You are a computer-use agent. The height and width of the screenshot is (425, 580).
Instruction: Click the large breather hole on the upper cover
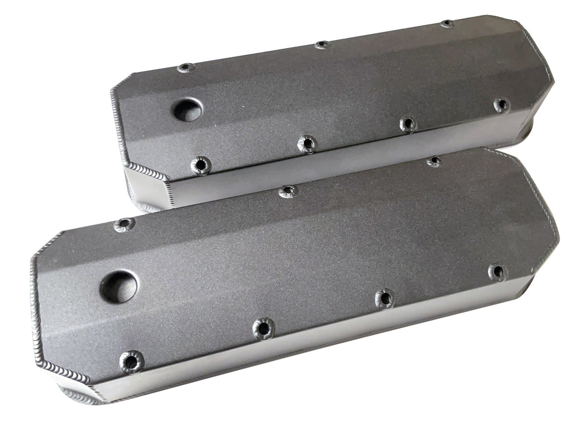click(x=187, y=111)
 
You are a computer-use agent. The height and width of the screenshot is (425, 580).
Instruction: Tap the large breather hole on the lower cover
click(x=118, y=286)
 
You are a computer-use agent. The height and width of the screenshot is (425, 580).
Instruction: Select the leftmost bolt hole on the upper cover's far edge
click(x=186, y=68)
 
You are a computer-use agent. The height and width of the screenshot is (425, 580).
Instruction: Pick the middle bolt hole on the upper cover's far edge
click(x=322, y=45)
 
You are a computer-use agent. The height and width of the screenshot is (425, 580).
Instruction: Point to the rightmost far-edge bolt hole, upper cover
click(x=447, y=24)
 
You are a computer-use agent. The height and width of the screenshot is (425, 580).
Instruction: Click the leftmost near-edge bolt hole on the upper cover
click(x=201, y=165)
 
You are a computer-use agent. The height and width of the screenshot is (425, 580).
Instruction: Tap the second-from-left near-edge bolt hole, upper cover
click(x=307, y=143)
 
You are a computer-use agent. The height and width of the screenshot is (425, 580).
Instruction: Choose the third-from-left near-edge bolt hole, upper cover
click(x=408, y=124)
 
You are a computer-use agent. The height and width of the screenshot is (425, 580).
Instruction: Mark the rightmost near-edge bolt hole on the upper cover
click(x=501, y=105)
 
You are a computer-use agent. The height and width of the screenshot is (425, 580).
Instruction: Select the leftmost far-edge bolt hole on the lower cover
click(x=124, y=225)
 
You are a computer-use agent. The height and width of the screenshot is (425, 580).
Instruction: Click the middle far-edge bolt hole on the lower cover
click(x=288, y=192)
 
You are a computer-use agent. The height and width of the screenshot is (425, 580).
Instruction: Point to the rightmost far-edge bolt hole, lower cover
click(x=434, y=161)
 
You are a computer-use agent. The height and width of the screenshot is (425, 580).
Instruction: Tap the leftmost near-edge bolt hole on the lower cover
click(x=131, y=361)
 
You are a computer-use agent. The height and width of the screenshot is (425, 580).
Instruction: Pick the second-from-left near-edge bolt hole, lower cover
click(x=263, y=328)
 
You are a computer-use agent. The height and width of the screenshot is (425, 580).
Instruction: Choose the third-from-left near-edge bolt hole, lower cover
click(x=385, y=298)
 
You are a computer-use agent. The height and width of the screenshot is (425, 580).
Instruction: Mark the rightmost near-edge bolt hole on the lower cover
click(x=497, y=272)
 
